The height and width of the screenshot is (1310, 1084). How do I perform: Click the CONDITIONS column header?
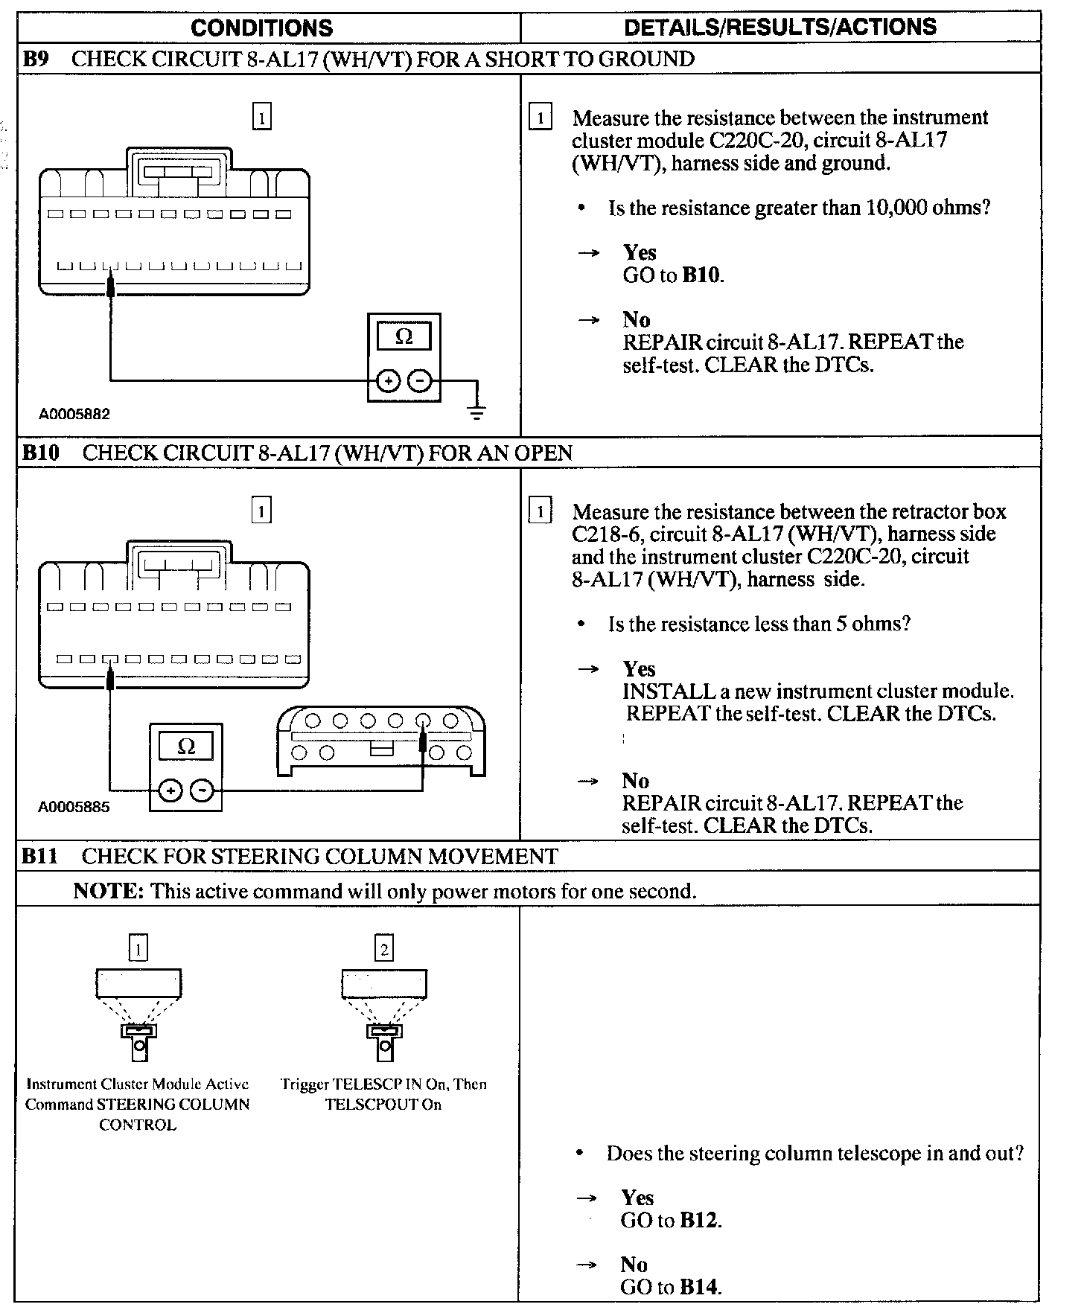tap(261, 28)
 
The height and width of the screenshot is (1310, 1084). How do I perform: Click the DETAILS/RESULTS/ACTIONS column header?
tap(779, 28)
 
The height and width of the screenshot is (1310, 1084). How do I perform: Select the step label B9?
tap(35, 59)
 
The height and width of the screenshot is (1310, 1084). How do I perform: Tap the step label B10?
tap(40, 453)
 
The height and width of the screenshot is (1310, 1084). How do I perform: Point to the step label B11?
tap(39, 856)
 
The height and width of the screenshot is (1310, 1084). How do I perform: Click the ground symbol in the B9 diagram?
tap(477, 411)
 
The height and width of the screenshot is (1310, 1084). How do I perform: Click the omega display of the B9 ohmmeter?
tap(404, 336)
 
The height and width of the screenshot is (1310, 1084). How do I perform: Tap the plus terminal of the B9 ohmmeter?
tap(387, 381)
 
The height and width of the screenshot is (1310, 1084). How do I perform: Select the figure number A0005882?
tap(74, 414)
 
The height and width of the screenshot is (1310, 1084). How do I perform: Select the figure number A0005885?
tap(74, 807)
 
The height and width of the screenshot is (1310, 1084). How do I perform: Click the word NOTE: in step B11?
tap(108, 891)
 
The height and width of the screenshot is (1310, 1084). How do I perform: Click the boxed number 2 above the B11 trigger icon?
tap(384, 948)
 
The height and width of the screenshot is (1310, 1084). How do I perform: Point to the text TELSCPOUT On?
tap(383, 1105)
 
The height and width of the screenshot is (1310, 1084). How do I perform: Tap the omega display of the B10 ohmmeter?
tap(186, 746)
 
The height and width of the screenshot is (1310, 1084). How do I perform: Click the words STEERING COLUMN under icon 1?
tap(173, 1105)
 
